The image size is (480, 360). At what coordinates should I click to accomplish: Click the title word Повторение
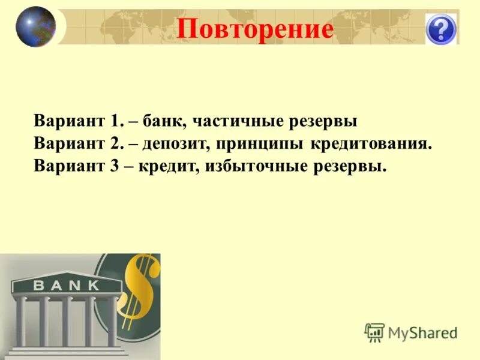pos(255,29)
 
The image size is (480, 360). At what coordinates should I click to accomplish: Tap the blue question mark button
pos(441,29)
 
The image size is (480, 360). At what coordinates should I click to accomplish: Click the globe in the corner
pos(35,26)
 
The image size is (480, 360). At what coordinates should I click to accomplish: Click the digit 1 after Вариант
pos(115,121)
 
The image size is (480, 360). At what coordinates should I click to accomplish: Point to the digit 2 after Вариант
pos(115,143)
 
